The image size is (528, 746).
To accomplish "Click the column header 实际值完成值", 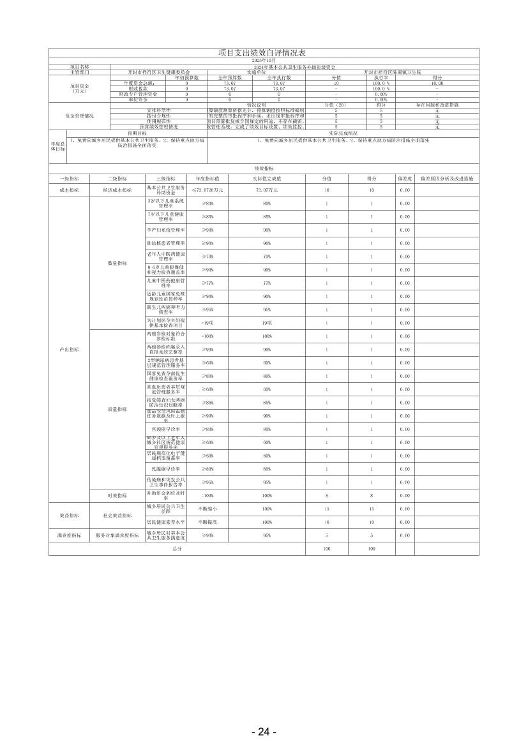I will pyautogui.click(x=266, y=179).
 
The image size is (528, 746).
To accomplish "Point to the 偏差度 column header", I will pyautogui.click(x=404, y=179).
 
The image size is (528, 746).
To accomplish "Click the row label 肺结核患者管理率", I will pyautogui.click(x=166, y=243).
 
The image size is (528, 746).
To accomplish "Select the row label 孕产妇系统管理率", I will pyautogui.click(x=166, y=230).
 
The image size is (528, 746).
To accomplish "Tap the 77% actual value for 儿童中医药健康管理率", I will pyautogui.click(x=266, y=283).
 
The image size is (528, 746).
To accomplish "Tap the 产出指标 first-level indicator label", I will pyautogui.click(x=69, y=350).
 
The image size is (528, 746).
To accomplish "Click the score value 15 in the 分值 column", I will pyautogui.click(x=327, y=509).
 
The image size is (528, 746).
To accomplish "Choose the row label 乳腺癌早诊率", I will pyautogui.click(x=166, y=469).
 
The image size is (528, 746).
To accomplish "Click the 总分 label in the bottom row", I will pyautogui.click(x=177, y=549).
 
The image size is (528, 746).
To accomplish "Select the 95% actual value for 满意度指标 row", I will pyautogui.click(x=266, y=535).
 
